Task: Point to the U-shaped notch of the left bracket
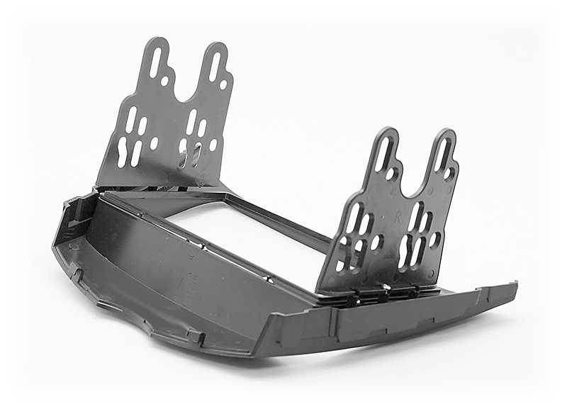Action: point(186,82)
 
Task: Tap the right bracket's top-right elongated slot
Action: point(443,155)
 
